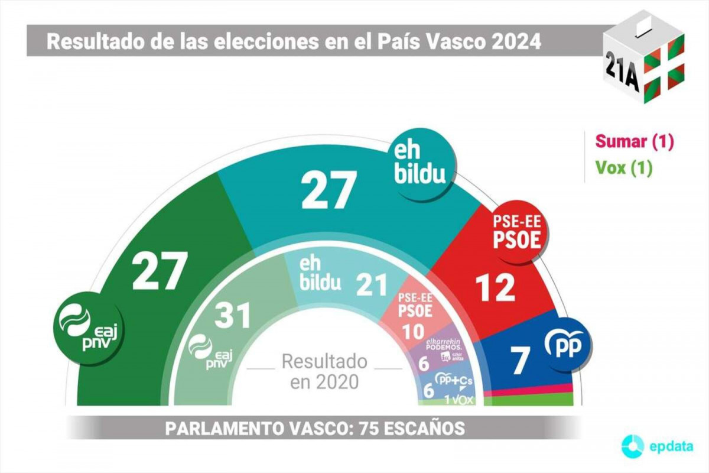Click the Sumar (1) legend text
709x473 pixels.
tap(634, 141)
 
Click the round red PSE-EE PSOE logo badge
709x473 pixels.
tap(517, 232)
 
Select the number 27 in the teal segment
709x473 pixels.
tap(329, 190)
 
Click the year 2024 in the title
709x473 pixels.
tap(512, 42)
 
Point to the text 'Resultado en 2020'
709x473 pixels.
tap(324, 371)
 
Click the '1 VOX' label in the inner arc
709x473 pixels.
tap(456, 400)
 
